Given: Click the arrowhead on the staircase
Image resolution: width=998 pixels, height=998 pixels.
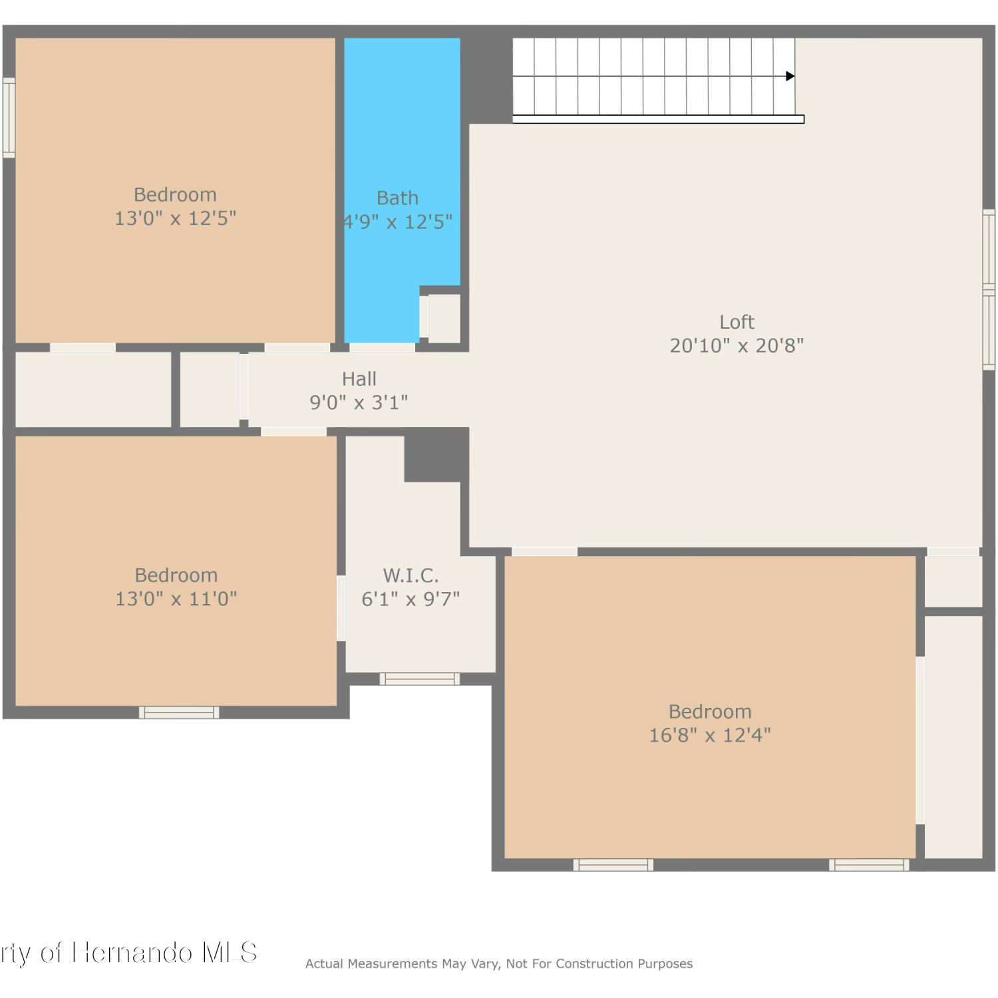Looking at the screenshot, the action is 790,76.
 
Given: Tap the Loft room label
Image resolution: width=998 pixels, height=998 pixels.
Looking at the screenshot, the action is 737,322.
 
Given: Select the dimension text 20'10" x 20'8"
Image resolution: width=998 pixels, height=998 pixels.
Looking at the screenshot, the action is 737,346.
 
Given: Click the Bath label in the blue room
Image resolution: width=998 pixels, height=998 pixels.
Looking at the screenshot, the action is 398,198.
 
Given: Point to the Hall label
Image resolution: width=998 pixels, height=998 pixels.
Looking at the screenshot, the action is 359,379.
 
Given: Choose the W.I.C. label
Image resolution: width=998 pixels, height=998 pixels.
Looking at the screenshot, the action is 411,576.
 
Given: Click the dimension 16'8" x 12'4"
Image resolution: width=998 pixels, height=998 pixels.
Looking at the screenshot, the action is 710,735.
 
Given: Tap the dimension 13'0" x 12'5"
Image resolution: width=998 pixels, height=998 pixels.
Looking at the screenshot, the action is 176,218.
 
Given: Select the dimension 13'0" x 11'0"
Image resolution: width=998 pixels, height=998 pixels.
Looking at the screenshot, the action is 176,599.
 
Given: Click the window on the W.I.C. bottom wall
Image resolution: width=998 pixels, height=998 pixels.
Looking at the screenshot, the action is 420,679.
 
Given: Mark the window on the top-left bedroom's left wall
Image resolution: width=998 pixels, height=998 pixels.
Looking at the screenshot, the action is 9,118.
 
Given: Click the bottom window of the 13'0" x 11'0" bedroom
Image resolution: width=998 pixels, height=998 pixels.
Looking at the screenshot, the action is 179,713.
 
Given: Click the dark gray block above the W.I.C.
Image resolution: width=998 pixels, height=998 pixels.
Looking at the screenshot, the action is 436,454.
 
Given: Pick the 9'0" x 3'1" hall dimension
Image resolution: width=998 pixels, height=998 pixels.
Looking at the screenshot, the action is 359,403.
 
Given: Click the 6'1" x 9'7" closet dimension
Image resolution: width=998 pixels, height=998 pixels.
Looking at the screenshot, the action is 411,599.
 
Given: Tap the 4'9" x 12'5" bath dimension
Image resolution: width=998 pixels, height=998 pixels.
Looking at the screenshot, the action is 398,222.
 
